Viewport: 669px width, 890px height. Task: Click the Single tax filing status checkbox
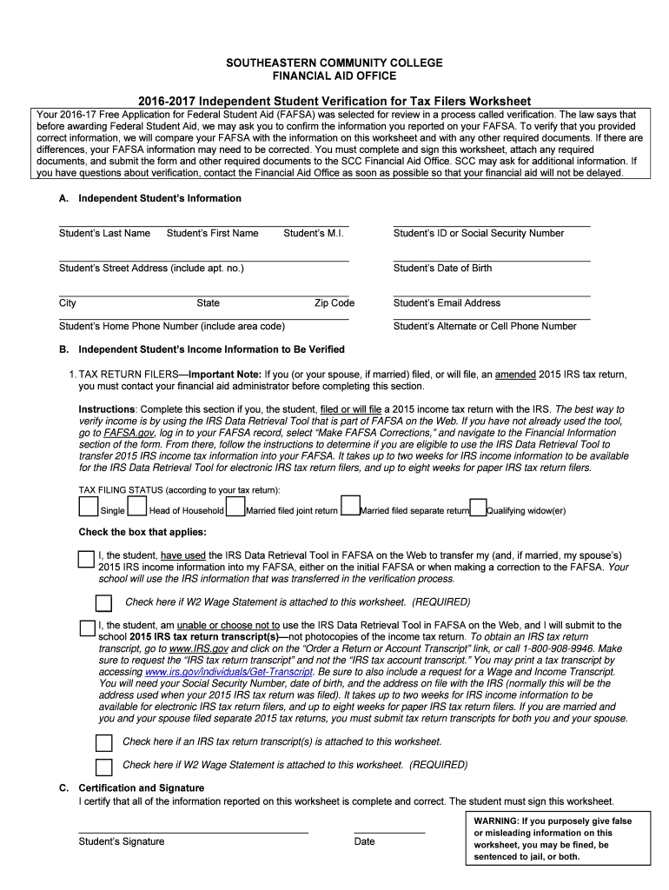pyautogui.click(x=88, y=506)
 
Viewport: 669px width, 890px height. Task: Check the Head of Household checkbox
pyautogui.click(x=137, y=506)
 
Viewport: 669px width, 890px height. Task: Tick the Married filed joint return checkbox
pyautogui.click(x=235, y=506)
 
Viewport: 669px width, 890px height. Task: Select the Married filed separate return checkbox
pyautogui.click(x=350, y=506)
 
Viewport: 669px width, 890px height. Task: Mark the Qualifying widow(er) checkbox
pyautogui.click(x=477, y=507)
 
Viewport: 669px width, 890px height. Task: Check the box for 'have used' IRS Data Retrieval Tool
pyautogui.click(x=86, y=559)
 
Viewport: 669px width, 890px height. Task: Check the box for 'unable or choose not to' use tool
pyautogui.click(x=87, y=628)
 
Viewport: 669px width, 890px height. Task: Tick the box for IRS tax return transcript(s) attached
pyautogui.click(x=103, y=742)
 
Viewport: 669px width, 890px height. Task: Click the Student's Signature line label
pyautogui.click(x=121, y=841)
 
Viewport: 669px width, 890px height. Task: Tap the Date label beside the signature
pyautogui.click(x=365, y=841)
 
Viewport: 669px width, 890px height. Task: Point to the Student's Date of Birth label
pyautogui.click(x=442, y=268)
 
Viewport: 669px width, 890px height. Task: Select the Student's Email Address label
pyautogui.click(x=447, y=303)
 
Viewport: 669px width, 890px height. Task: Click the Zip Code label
pyautogui.click(x=334, y=303)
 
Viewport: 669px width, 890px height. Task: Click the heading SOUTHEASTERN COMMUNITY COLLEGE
pyautogui.click(x=334, y=63)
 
